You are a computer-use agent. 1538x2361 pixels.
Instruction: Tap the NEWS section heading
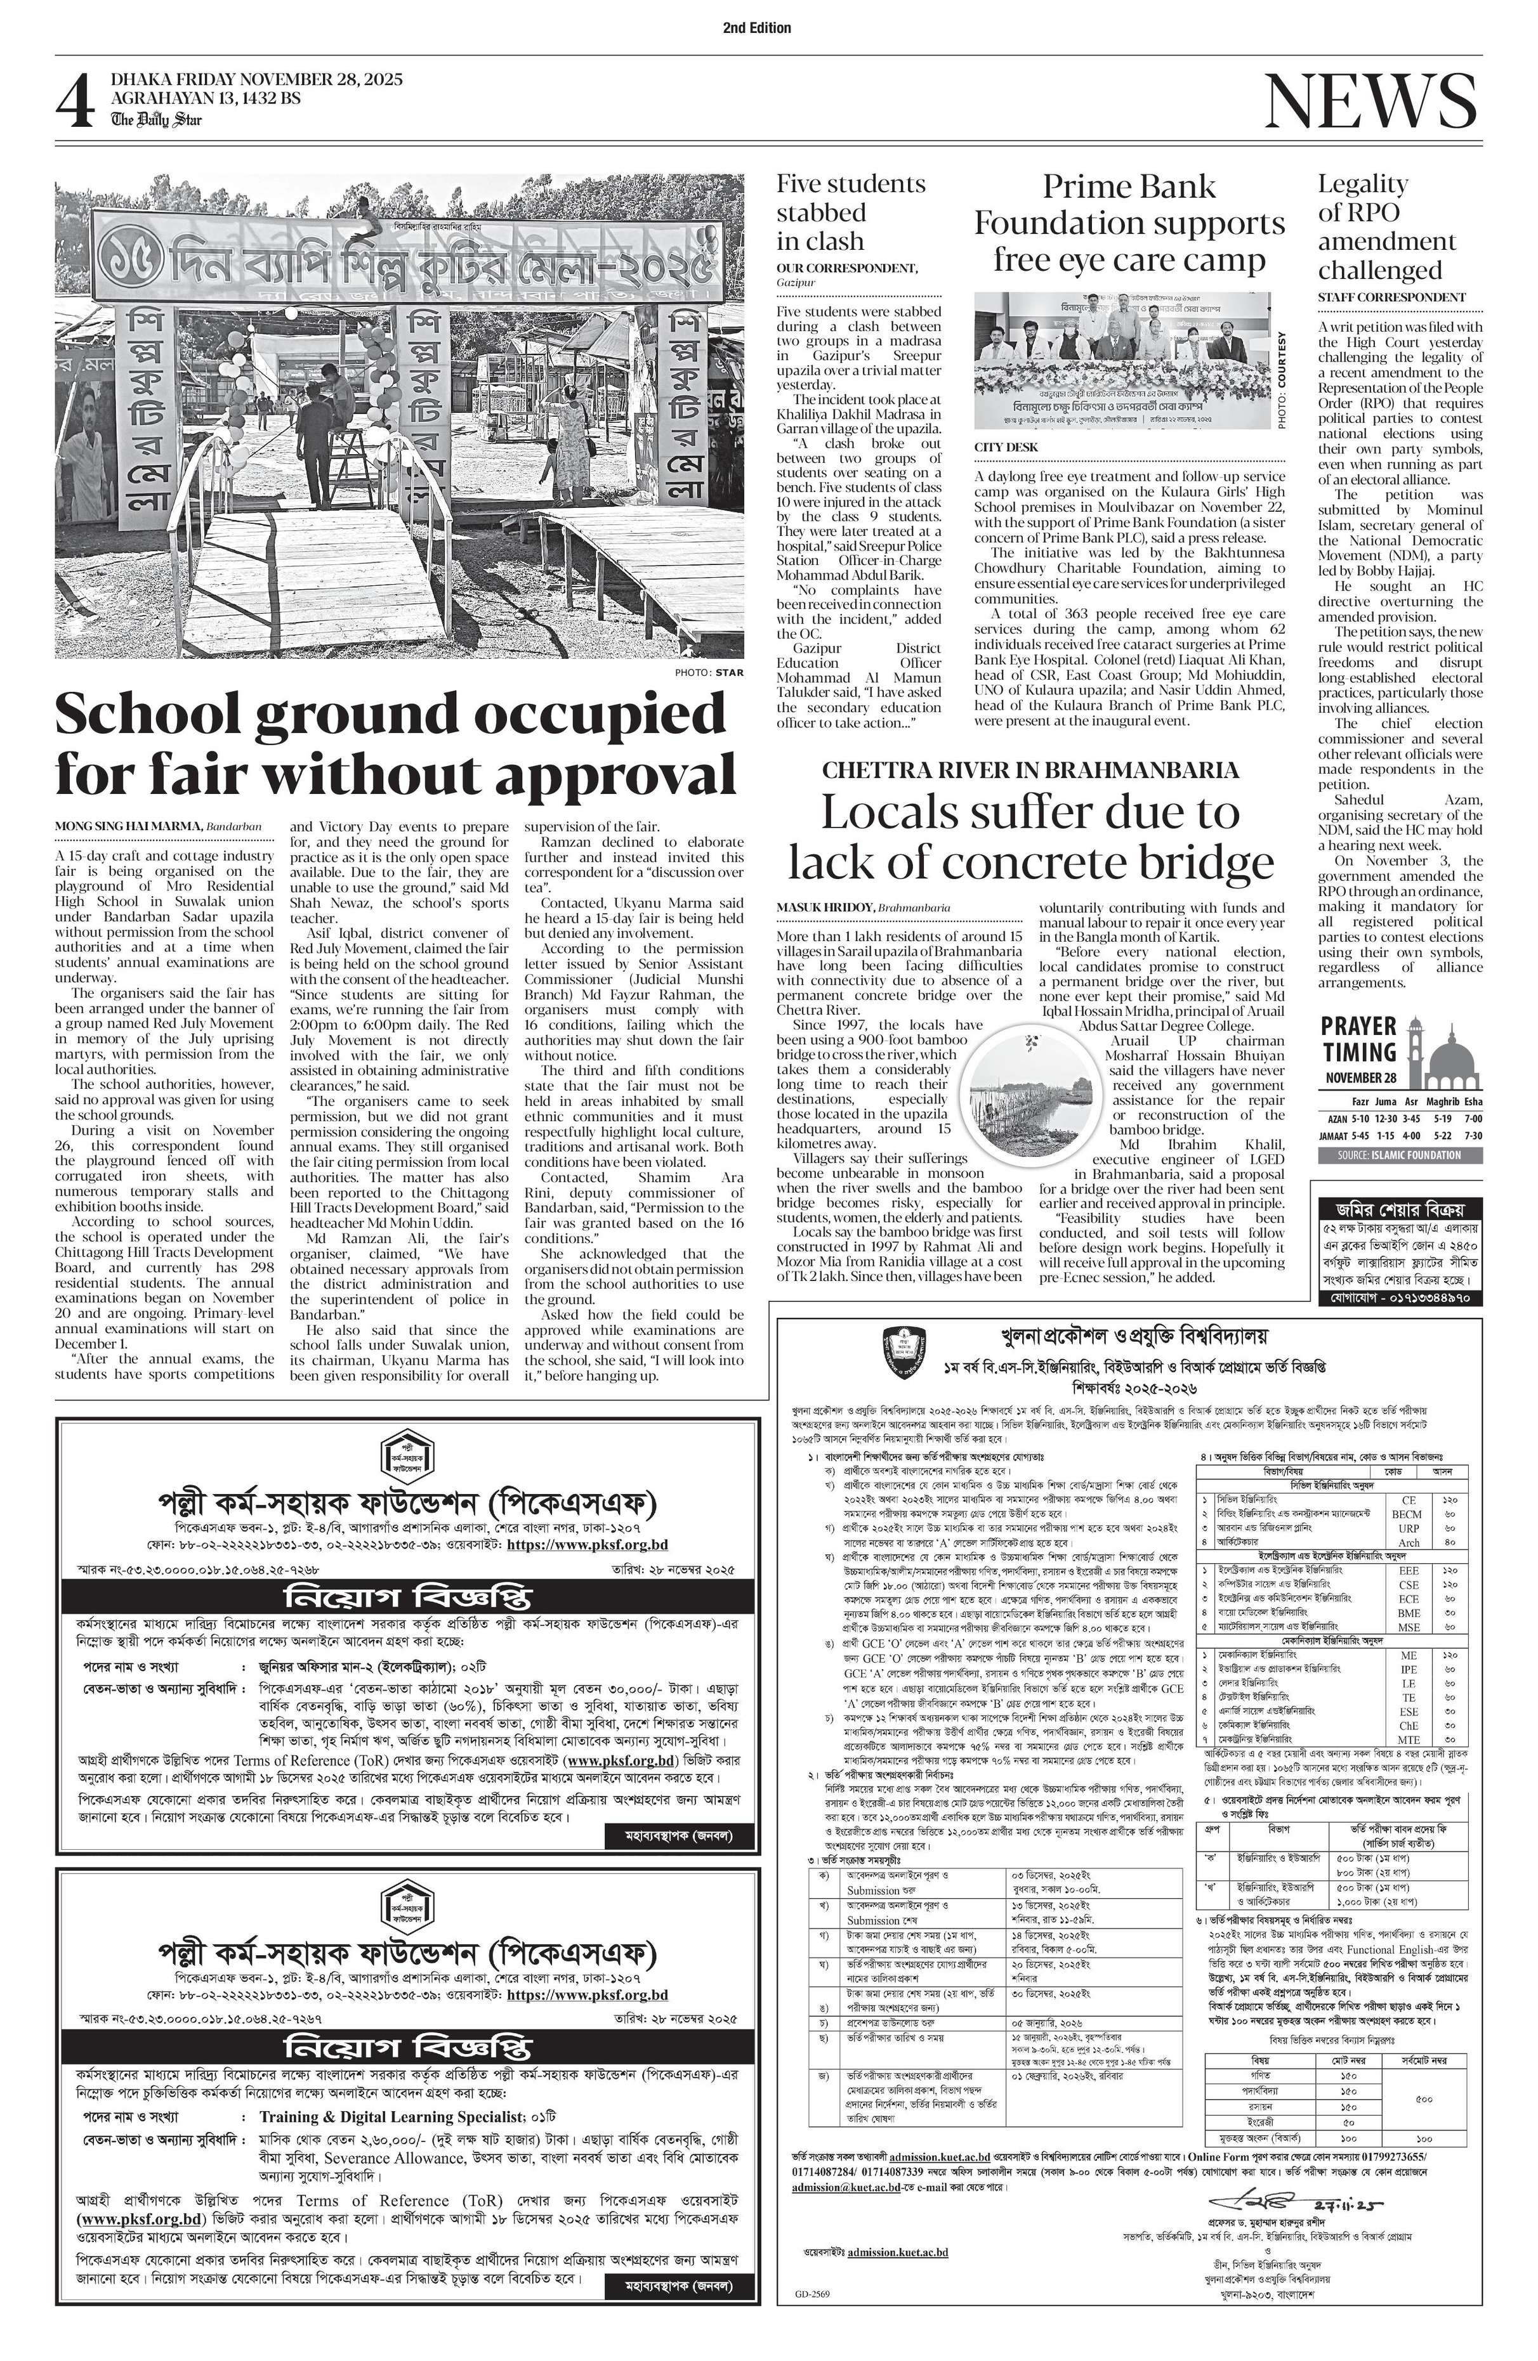1370,101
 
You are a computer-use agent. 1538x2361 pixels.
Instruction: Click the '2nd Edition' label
757,28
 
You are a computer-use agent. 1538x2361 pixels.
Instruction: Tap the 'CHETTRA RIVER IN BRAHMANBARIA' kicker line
1030,770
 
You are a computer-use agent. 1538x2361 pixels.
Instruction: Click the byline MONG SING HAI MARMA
129,825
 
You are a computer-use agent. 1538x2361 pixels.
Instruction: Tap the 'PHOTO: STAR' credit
709,673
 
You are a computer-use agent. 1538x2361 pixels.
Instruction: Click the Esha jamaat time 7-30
1473,1136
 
